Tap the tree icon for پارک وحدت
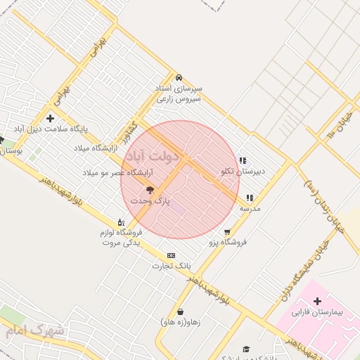(x=149, y=190)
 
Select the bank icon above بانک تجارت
(x=171, y=255)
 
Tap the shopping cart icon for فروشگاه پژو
(x=226, y=232)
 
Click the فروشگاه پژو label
(x=224, y=243)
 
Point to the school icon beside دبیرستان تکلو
(x=243, y=161)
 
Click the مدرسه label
(x=250, y=209)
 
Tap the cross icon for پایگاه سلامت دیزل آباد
(x=49, y=118)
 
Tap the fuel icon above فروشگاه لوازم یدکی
(x=122, y=221)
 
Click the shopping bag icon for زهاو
(x=181, y=311)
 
